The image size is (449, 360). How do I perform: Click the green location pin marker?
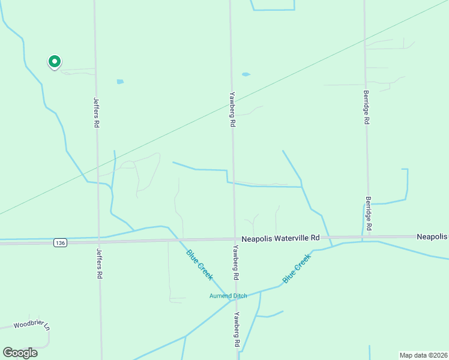(x=54, y=61)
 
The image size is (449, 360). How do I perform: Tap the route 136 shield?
(x=59, y=242)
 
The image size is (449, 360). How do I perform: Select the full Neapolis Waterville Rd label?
(x=280, y=238)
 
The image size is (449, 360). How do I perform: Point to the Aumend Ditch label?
(x=228, y=296)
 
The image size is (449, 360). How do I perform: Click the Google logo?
(x=20, y=352)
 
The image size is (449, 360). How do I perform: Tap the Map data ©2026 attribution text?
(x=423, y=355)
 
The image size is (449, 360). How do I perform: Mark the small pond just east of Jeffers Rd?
(x=120, y=82)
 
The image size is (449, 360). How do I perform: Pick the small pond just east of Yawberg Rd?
(x=246, y=74)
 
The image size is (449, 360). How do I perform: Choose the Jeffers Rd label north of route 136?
(x=96, y=113)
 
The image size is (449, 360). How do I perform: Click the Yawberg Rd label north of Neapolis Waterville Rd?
(x=232, y=109)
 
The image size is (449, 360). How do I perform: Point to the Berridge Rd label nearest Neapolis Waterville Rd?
(x=369, y=214)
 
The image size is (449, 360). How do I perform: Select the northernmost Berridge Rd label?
(x=366, y=107)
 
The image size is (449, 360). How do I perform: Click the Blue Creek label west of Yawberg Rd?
(x=199, y=264)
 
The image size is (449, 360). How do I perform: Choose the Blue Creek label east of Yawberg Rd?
(x=297, y=269)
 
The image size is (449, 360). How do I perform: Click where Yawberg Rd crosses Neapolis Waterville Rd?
(x=234, y=239)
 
